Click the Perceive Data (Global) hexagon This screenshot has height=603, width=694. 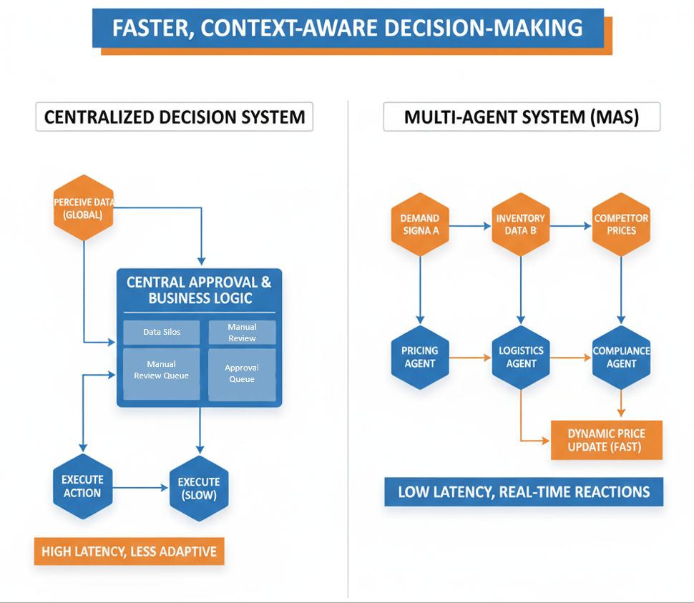(84, 207)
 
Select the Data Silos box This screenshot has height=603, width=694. (162, 332)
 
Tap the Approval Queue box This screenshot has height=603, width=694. (242, 373)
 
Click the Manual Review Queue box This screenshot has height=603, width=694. (162, 373)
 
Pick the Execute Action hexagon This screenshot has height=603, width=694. (83, 486)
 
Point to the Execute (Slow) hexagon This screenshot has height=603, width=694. (199, 489)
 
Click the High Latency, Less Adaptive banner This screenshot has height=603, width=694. (129, 551)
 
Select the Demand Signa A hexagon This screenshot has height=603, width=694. (420, 225)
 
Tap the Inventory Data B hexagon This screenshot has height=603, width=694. (521, 225)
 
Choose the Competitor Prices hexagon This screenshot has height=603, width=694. (621, 225)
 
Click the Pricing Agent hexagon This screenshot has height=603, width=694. (420, 357)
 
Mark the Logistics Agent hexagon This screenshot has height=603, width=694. (521, 357)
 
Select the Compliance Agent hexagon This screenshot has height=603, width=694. (621, 357)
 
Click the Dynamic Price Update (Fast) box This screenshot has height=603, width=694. (606, 440)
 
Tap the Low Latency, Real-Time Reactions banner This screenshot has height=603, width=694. (524, 491)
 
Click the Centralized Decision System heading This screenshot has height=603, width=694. (175, 117)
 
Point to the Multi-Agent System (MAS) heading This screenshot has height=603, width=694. (522, 117)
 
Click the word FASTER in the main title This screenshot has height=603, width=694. (151, 28)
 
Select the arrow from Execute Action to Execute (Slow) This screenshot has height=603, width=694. (140, 488)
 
